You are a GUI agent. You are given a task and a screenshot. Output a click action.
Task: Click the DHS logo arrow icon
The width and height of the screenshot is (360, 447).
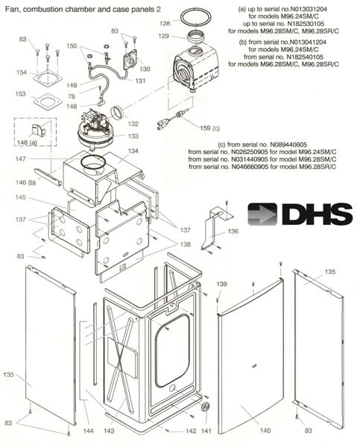coord(262,215)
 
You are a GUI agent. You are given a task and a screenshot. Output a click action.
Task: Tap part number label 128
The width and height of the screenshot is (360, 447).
coord(165,24)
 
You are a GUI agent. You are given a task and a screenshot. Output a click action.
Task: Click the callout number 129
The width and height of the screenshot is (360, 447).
coord(164,37)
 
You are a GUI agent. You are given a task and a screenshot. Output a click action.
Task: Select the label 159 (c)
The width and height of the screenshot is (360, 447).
coord(209,128)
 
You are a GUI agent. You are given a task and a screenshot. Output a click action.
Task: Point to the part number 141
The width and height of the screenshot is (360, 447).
coord(206,431)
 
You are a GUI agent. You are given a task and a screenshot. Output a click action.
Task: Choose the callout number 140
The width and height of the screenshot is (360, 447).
coord(265,431)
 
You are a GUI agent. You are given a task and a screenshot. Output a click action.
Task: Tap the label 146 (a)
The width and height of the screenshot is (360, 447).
coord(27,142)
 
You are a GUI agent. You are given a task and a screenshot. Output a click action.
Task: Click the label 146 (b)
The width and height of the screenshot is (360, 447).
coord(25,183)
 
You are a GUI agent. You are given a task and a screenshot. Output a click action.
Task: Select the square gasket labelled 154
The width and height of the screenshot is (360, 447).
coord(48,77)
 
